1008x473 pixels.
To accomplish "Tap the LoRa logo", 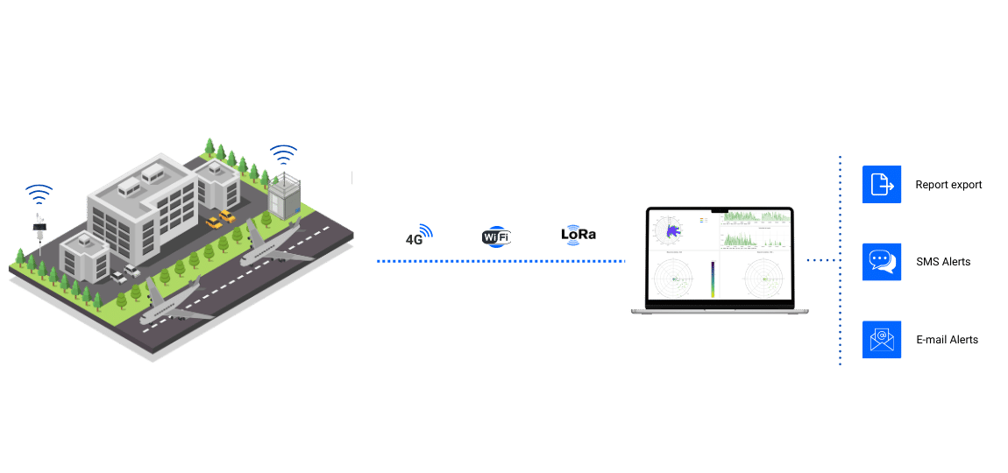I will [x=578, y=235].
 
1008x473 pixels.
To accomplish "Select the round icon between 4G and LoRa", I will [x=495, y=236].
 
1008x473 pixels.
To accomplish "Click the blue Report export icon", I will [x=881, y=185].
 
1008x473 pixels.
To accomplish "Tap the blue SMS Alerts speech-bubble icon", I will [x=881, y=262].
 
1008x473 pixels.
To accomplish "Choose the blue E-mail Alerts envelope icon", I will [x=881, y=339].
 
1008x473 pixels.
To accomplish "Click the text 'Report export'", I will [x=948, y=185].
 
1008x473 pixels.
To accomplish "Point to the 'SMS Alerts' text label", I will [x=943, y=262].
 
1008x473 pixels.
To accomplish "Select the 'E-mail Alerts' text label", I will [x=947, y=340].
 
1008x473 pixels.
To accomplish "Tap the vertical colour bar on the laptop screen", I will [x=713, y=279].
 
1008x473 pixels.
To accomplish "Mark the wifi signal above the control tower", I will [x=282, y=155].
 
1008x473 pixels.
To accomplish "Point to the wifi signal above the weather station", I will [x=39, y=194].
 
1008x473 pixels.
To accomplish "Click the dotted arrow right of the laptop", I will [x=820, y=260].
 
